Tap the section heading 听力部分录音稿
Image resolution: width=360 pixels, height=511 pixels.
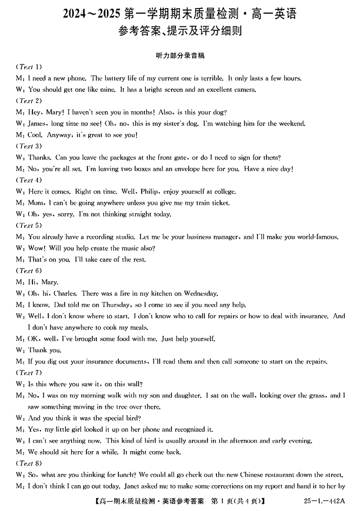point(180,55)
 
